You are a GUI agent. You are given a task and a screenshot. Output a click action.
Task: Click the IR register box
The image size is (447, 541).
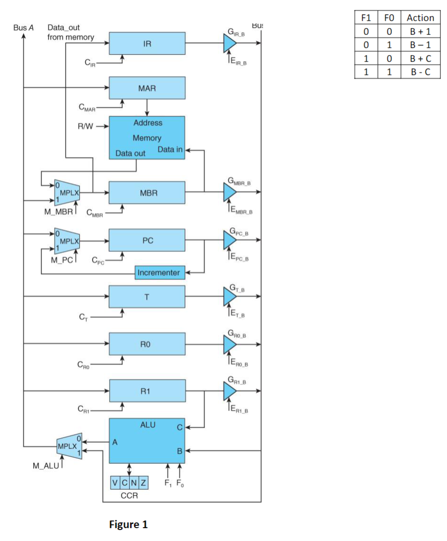(x=147, y=44)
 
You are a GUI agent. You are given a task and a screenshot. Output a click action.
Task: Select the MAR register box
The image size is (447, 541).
(x=147, y=88)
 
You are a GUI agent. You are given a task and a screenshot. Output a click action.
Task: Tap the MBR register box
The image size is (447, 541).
(x=147, y=193)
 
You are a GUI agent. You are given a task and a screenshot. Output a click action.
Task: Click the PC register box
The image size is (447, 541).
(x=147, y=241)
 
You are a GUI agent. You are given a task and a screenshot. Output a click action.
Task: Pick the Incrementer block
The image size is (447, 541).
(x=158, y=273)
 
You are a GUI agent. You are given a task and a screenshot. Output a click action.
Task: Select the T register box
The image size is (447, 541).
(x=147, y=297)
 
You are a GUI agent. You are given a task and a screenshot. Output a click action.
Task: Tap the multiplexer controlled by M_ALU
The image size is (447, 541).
(x=68, y=447)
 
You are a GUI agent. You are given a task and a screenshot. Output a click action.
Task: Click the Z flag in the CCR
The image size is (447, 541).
(x=143, y=483)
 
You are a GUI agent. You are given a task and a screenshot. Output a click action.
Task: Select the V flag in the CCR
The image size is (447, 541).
(x=114, y=483)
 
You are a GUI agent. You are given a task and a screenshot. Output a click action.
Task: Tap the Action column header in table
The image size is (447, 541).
(x=420, y=18)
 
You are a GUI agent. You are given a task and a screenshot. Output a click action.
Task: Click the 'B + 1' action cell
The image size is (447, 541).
(x=420, y=32)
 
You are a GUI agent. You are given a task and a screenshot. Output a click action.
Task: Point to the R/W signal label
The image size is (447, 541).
(x=86, y=126)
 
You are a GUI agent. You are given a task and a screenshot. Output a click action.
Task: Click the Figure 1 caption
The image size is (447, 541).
(x=128, y=524)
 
